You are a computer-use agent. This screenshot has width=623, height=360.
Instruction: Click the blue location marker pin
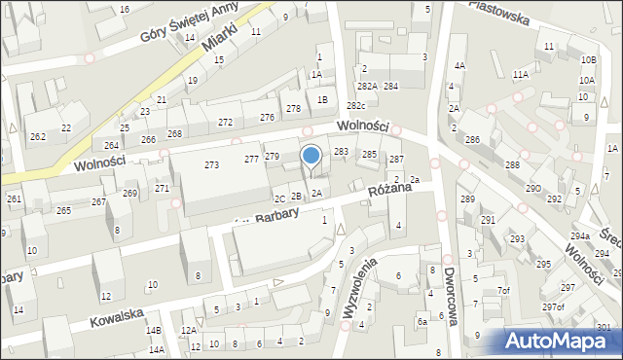click(x=311, y=156)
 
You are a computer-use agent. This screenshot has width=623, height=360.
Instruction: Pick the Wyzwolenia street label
click(x=359, y=289)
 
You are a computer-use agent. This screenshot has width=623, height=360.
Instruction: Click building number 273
click(x=211, y=164)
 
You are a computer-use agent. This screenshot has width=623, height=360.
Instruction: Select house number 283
click(x=342, y=152)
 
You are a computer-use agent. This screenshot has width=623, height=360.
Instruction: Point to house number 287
click(x=396, y=159)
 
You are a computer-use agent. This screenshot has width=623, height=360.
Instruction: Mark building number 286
click(x=472, y=140)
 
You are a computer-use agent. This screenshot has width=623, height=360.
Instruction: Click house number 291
click(x=488, y=220)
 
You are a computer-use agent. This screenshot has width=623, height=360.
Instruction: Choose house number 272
click(x=225, y=122)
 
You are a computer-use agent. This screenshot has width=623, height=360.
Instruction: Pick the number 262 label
click(x=37, y=137)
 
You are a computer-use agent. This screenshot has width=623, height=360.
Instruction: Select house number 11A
click(x=521, y=74)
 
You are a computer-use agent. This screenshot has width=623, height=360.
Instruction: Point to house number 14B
click(x=153, y=330)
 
